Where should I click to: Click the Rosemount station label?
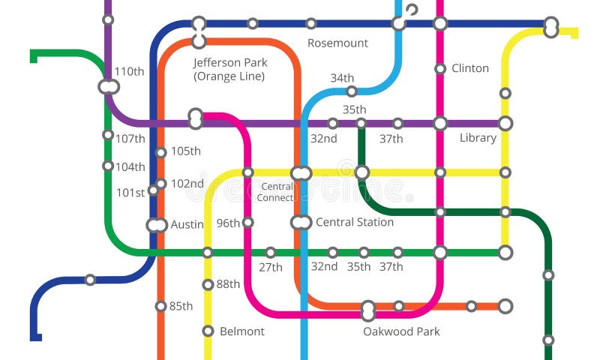(337, 43)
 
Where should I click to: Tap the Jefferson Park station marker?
(199, 32)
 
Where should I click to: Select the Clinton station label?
(470, 68)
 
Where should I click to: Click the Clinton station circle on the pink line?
(440, 69)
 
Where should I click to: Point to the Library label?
(478, 138)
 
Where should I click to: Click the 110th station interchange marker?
(109, 87)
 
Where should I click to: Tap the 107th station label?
(130, 139)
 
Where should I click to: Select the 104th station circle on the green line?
(108, 166)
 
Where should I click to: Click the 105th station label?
(185, 151)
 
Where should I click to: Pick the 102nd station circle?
(160, 184)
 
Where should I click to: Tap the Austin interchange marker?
(157, 225)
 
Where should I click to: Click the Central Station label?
(354, 222)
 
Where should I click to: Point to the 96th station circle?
(247, 222)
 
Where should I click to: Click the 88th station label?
(228, 284)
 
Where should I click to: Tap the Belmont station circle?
(208, 331)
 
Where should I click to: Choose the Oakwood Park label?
(401, 331)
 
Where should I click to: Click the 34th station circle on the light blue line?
(351, 91)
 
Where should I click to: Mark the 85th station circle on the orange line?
(160, 306)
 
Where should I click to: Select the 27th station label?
(271, 267)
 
